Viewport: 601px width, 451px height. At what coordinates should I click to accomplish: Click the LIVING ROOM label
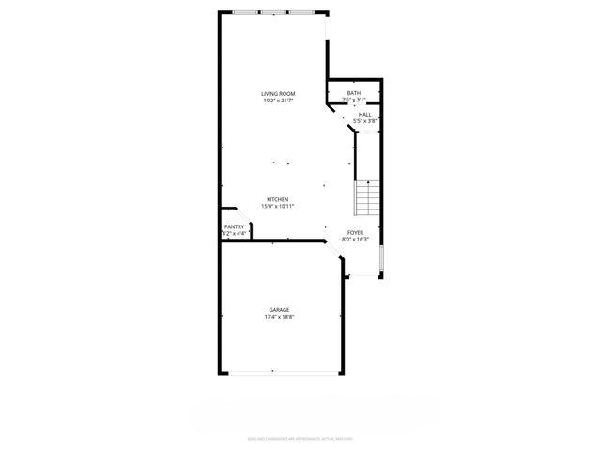[279, 94]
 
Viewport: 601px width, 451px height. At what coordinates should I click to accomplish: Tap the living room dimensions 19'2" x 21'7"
[279, 101]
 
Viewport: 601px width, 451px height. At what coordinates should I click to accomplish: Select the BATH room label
[353, 94]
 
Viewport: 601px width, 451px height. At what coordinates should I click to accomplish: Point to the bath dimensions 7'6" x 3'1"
[353, 101]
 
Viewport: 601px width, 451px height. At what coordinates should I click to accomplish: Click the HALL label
[364, 115]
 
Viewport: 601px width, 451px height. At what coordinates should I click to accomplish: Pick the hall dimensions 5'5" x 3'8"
[364, 121]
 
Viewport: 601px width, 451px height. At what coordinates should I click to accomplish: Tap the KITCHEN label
[278, 199]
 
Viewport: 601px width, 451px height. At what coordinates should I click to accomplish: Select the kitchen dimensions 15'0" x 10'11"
[278, 206]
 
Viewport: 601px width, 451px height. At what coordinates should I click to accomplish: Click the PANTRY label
[234, 226]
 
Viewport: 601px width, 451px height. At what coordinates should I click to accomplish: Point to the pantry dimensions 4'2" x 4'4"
[234, 233]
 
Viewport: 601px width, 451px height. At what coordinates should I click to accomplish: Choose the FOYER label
[355, 232]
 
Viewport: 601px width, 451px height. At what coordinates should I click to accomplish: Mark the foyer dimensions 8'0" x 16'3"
[355, 239]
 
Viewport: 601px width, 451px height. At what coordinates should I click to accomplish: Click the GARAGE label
[279, 310]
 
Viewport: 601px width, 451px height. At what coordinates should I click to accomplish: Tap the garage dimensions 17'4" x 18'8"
[279, 317]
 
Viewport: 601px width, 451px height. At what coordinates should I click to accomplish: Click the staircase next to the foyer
[367, 198]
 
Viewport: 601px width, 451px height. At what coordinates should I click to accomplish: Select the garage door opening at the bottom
[279, 373]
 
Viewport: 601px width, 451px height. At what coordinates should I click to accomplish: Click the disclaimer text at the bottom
[300, 437]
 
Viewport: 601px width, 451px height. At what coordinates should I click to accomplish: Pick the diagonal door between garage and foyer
[333, 250]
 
